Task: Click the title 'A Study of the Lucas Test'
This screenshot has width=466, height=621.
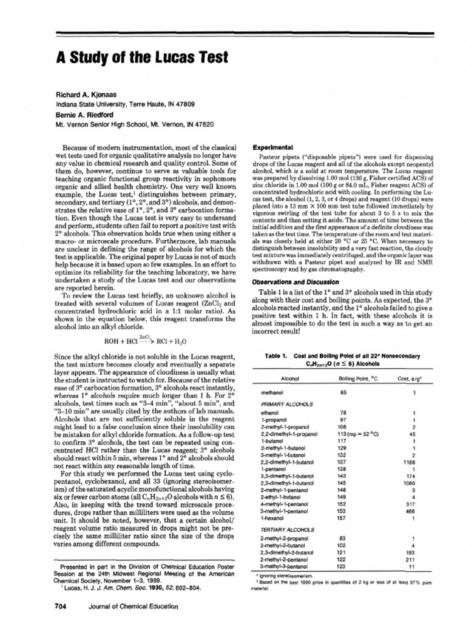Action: click(x=142, y=58)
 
